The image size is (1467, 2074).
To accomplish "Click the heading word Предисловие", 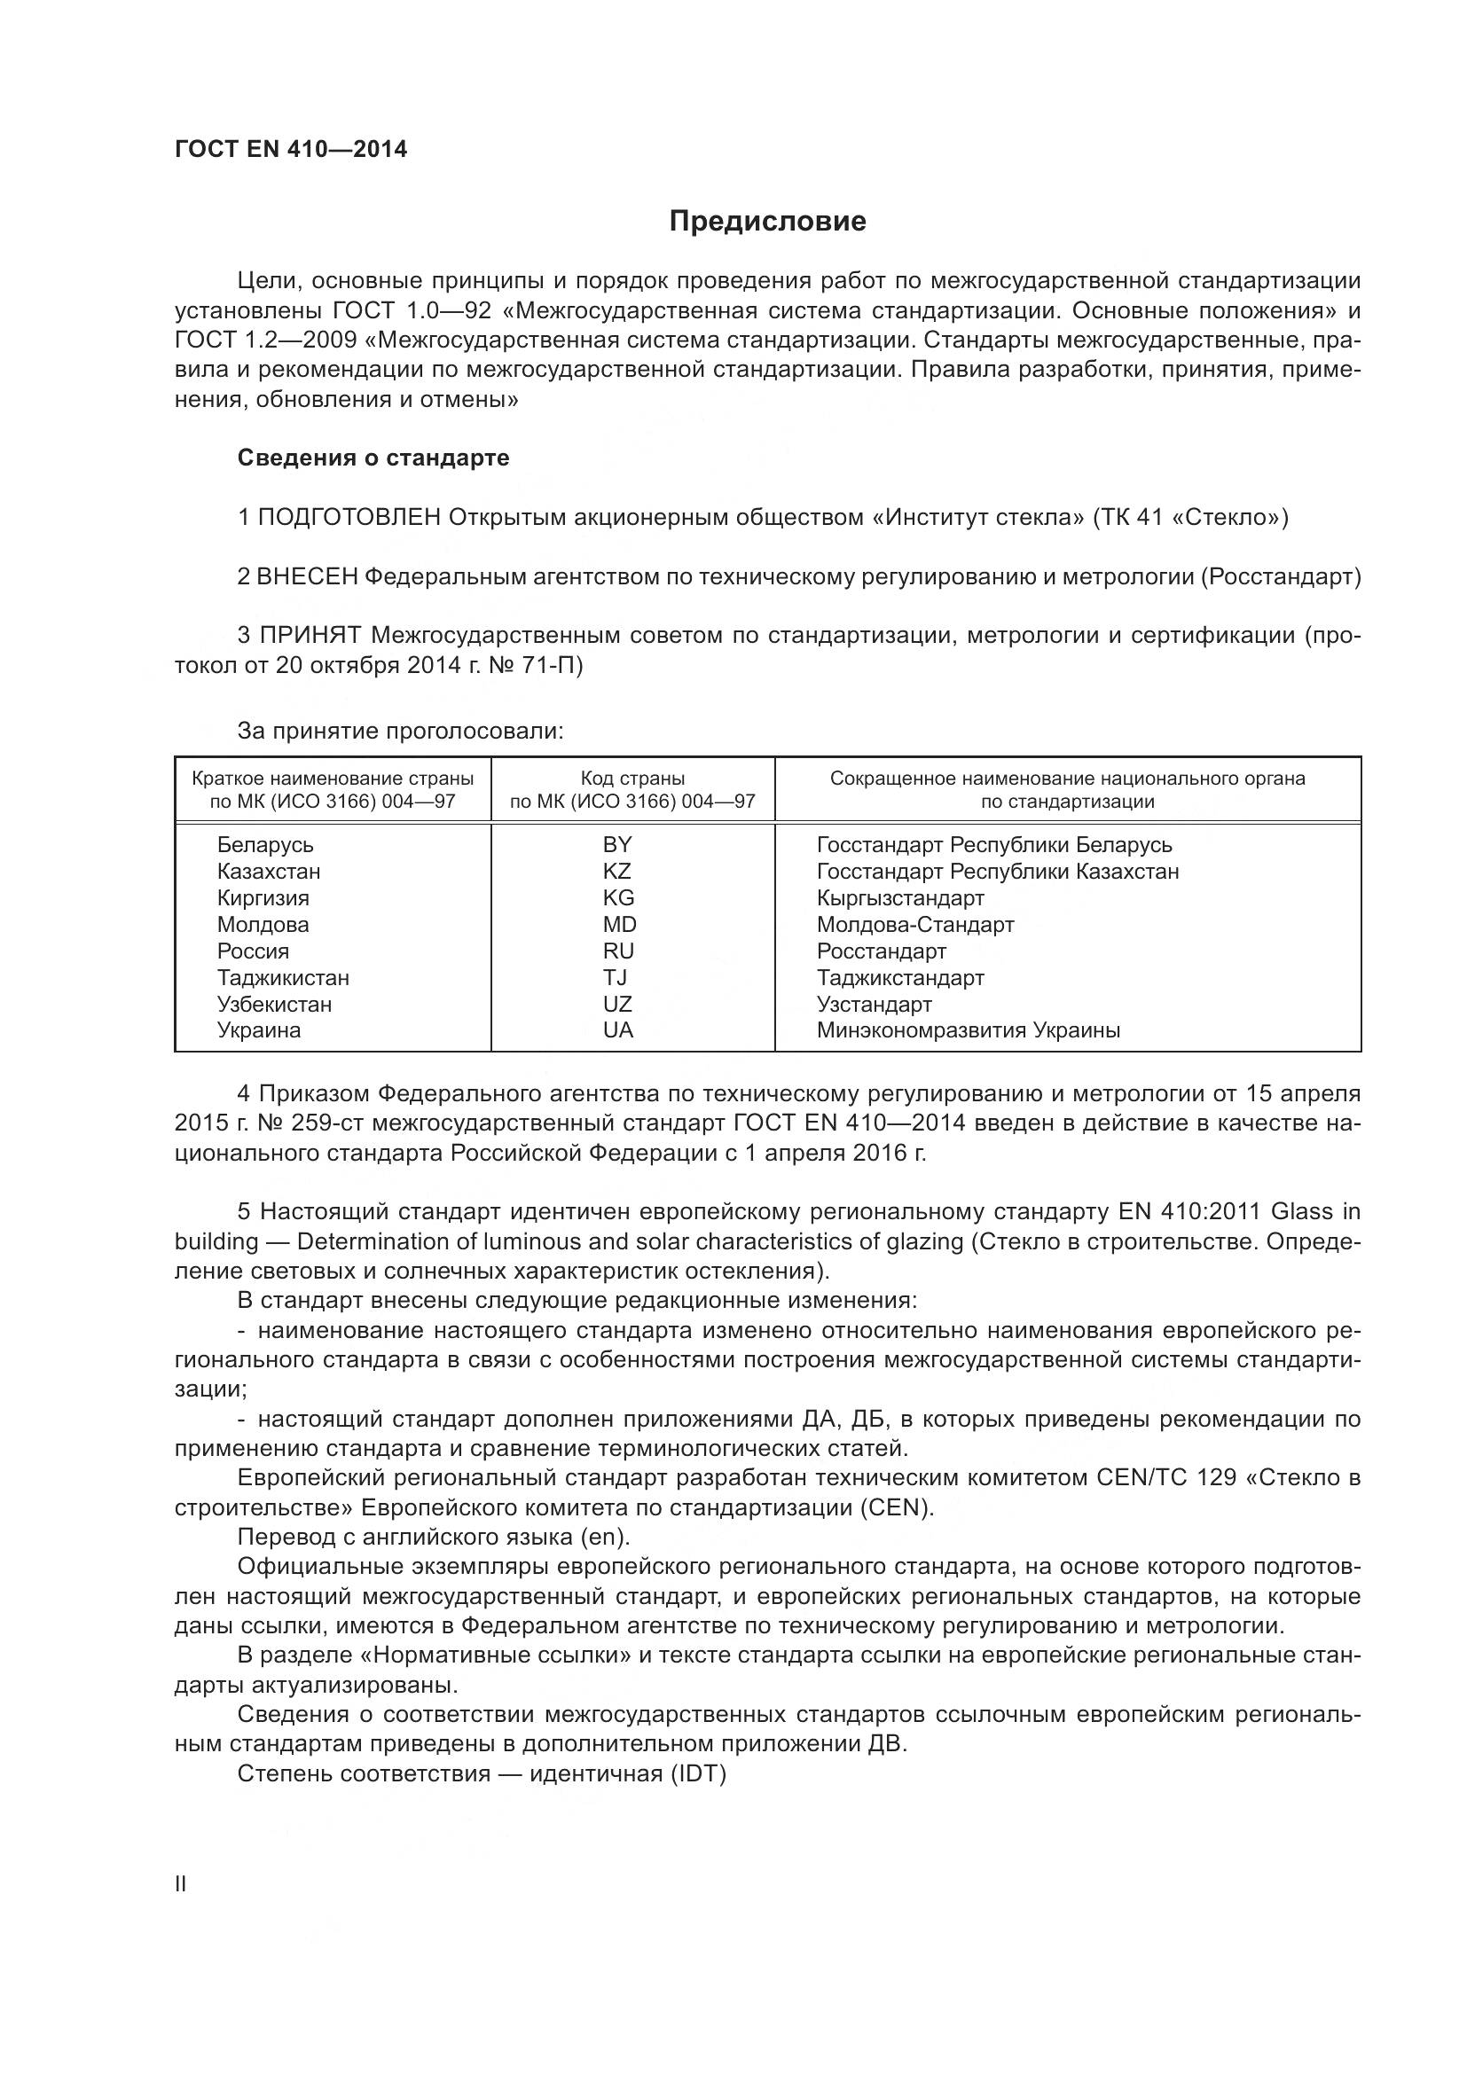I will tap(767, 222).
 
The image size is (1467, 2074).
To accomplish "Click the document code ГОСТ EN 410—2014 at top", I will tap(291, 150).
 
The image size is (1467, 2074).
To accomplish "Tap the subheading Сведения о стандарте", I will tap(373, 458).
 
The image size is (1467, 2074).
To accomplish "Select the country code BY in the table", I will tap(618, 845).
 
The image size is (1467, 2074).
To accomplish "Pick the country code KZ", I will tap(618, 872).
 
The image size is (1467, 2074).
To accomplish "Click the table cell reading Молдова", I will tap(263, 925).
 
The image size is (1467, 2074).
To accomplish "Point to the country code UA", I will tap(618, 1030).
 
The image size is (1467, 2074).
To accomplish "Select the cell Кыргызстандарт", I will tap(899, 899).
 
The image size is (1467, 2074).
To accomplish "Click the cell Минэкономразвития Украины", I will tap(969, 1030).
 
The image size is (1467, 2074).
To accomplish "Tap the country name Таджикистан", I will tap(283, 978).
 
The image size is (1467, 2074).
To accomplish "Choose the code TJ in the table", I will tap(616, 978).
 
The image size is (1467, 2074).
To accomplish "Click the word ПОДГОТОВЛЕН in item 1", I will tap(349, 518).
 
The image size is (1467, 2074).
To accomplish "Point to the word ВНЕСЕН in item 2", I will tap(308, 576).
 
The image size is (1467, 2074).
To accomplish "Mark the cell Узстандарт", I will tap(874, 1005).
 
